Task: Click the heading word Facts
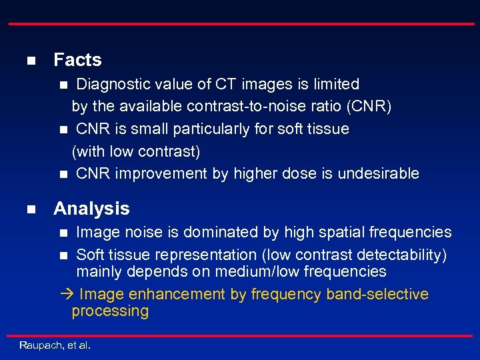(77, 60)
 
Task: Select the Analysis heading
(91, 209)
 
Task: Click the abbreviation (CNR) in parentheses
(368, 106)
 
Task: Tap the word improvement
(155, 174)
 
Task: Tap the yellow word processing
(110, 311)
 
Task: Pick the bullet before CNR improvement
(63, 175)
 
